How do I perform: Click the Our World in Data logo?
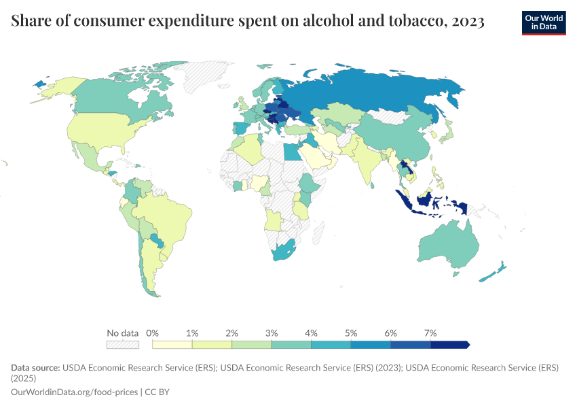543,22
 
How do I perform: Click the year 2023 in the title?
468,22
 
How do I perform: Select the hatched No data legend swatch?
123,345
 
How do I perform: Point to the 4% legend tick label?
312,333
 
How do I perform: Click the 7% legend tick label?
430,333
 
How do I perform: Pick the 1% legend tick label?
192,333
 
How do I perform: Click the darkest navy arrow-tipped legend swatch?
450,345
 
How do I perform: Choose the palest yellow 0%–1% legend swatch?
172,345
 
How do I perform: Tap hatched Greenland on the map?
204,75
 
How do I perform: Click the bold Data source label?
35,367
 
